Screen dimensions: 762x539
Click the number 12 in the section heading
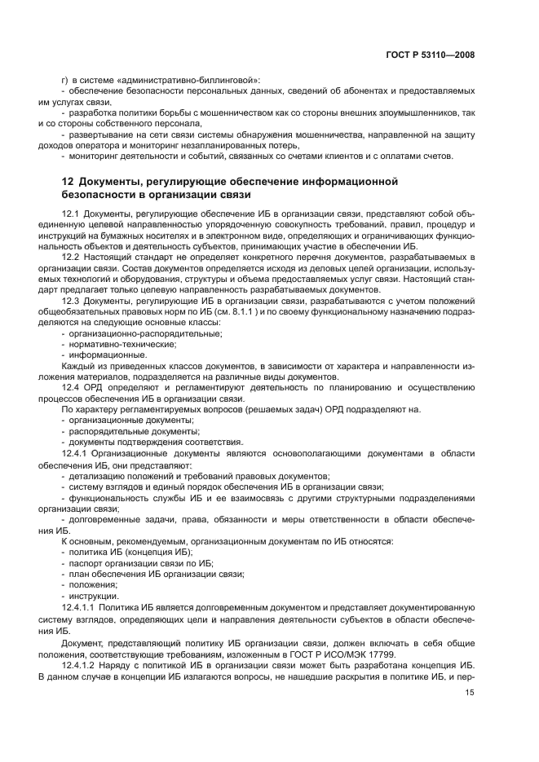(x=68, y=180)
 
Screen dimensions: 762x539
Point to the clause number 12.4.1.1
(x=78, y=607)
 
